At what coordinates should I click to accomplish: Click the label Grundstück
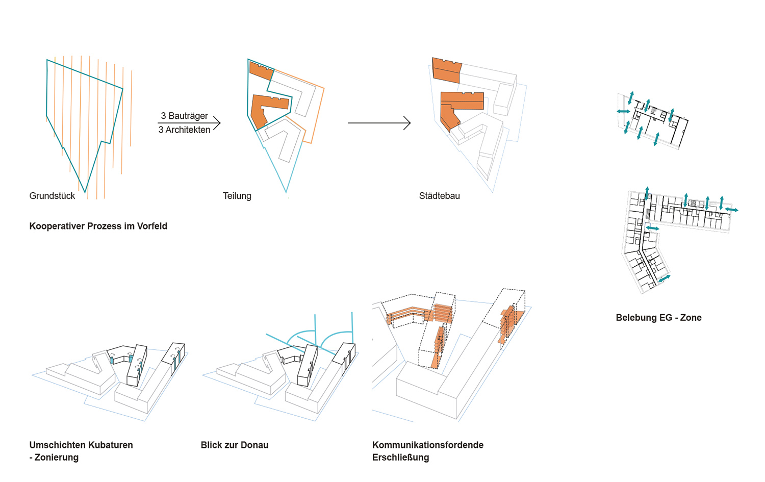(52, 196)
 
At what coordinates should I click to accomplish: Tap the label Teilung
(237, 196)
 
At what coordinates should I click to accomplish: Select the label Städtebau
(439, 196)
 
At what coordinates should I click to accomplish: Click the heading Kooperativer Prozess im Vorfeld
(98, 226)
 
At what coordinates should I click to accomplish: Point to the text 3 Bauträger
(184, 116)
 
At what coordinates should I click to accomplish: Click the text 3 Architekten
(184, 130)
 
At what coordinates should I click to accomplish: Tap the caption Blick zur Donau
(234, 445)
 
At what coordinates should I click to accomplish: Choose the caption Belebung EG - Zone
(658, 318)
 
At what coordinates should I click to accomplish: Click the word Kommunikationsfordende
(427, 445)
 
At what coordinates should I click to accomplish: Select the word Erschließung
(400, 458)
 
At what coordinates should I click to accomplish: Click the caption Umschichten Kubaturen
(81, 445)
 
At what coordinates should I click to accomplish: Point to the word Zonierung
(57, 458)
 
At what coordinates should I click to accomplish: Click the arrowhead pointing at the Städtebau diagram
(407, 123)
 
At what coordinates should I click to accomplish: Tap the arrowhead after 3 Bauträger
(217, 122)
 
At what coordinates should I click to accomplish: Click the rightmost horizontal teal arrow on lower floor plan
(731, 210)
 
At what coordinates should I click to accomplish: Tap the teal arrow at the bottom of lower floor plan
(664, 278)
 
